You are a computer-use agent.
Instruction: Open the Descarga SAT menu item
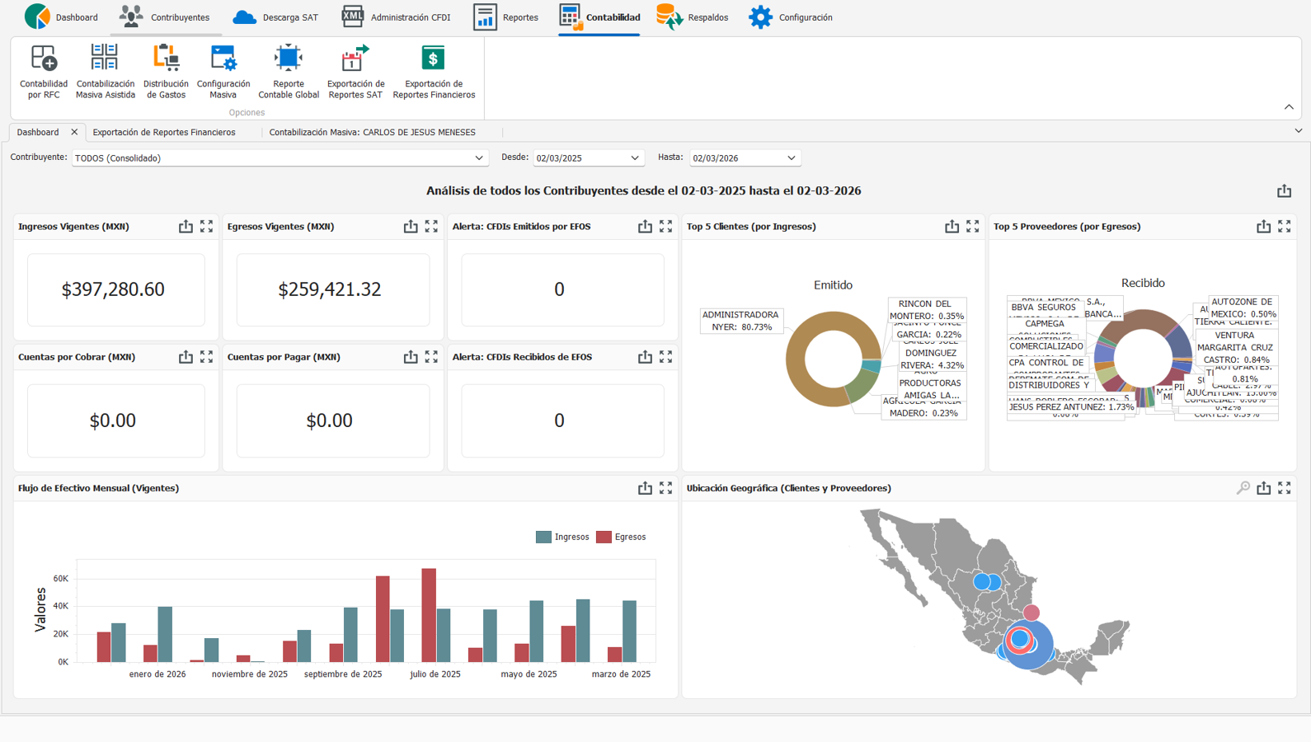[x=275, y=17]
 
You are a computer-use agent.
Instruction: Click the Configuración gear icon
[x=760, y=17]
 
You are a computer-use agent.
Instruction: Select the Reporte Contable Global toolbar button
[x=288, y=72]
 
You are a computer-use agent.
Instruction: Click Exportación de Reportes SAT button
[x=355, y=72]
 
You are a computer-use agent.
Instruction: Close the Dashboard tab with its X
[x=74, y=132]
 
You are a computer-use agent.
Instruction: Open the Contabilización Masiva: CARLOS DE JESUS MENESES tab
[x=372, y=132]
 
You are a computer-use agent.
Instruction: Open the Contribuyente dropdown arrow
[x=478, y=158]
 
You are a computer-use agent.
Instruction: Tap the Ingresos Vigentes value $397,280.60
[x=113, y=289]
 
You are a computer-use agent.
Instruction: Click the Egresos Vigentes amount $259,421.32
[x=329, y=289]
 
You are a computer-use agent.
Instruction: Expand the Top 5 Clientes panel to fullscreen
[x=973, y=226]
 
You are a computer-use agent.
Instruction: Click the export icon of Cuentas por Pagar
[x=411, y=357]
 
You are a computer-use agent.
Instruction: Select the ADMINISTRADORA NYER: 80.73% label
[x=740, y=321]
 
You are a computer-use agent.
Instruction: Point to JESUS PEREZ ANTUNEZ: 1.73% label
[x=1071, y=406]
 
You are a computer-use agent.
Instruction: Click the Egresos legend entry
[x=622, y=537]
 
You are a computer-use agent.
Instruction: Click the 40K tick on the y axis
[x=61, y=606]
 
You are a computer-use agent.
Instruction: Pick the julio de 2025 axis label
[x=435, y=674]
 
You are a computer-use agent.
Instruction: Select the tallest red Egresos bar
[x=429, y=614]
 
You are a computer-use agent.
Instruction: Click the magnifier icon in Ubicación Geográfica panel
[x=1243, y=488]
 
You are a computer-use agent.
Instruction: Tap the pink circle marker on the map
[x=1031, y=613]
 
